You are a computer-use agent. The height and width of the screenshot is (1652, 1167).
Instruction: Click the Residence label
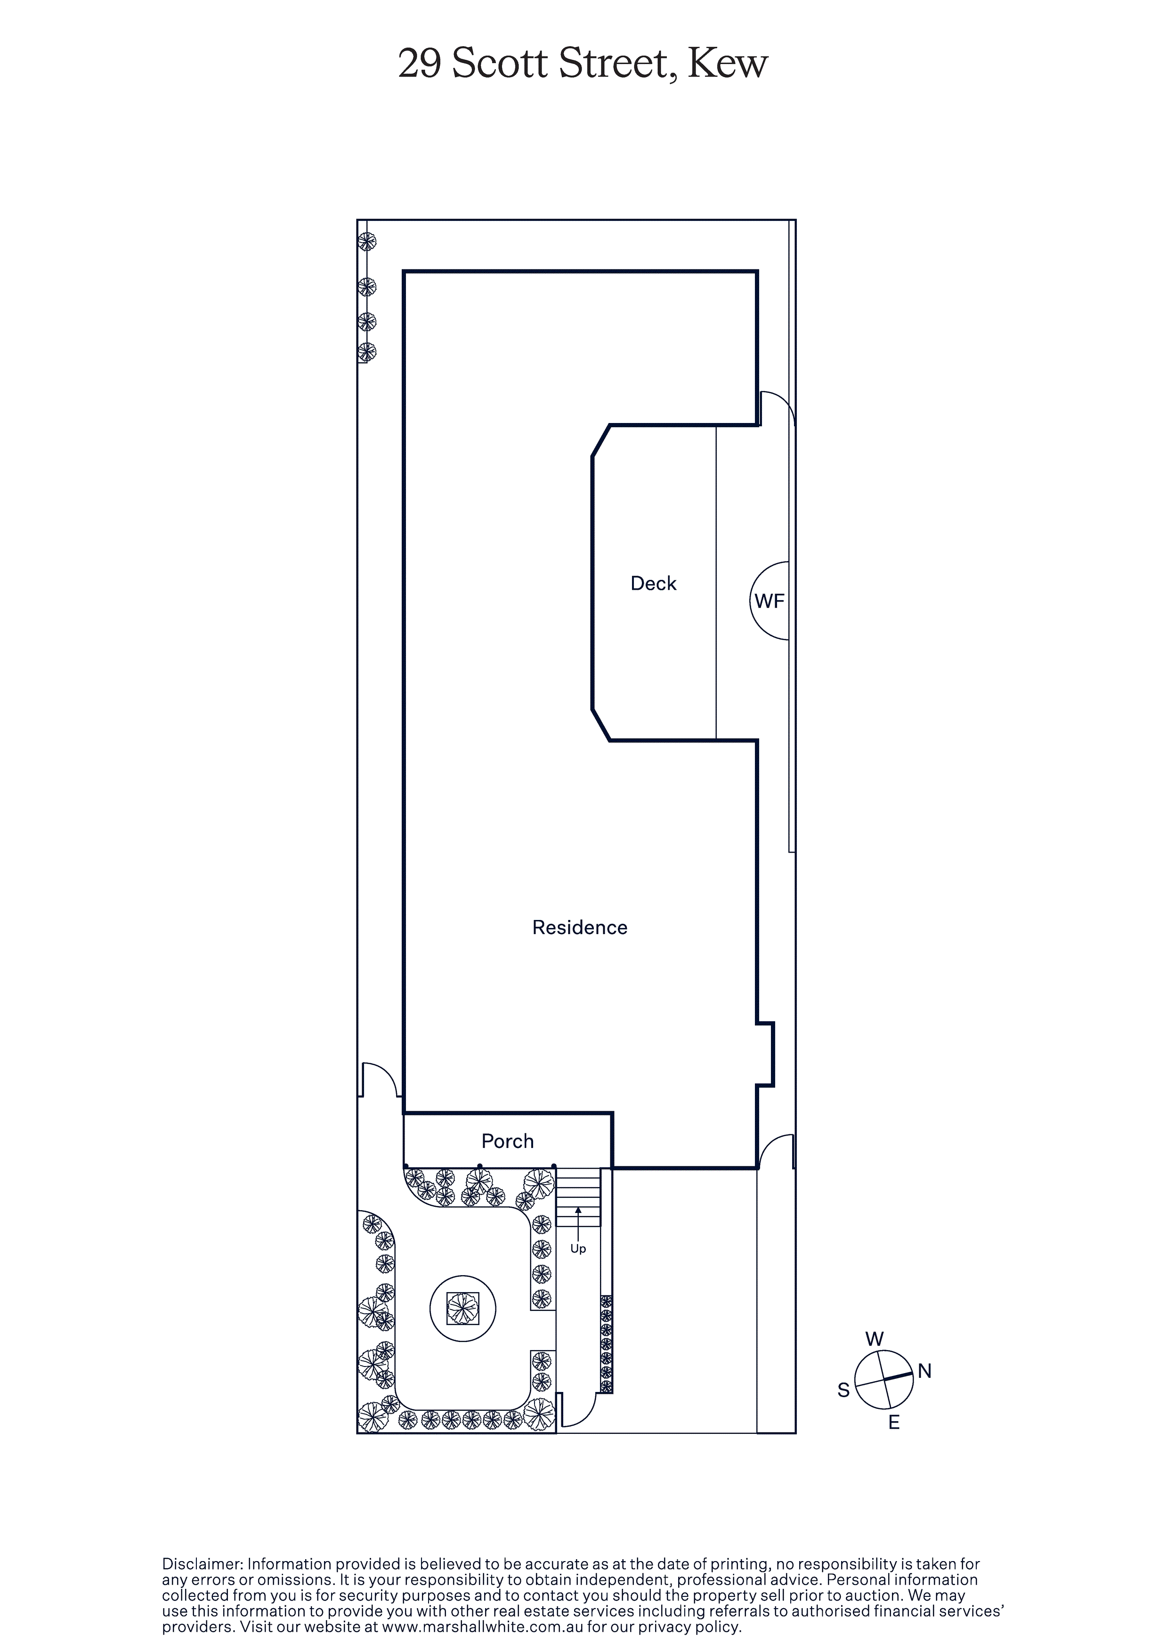click(x=580, y=928)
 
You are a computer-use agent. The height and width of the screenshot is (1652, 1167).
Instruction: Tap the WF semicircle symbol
click(x=769, y=601)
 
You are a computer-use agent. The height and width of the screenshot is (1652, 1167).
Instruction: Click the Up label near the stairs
click(x=578, y=1249)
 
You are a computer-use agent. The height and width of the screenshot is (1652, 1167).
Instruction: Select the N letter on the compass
click(x=924, y=1371)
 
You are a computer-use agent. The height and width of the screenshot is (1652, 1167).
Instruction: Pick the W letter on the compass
click(x=874, y=1339)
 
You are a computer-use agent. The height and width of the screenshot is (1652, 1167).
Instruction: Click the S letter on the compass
click(x=844, y=1390)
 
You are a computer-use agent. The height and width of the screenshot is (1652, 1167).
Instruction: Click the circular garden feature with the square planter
click(x=462, y=1309)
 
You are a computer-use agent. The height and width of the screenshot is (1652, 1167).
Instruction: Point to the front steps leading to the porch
click(x=578, y=1197)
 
